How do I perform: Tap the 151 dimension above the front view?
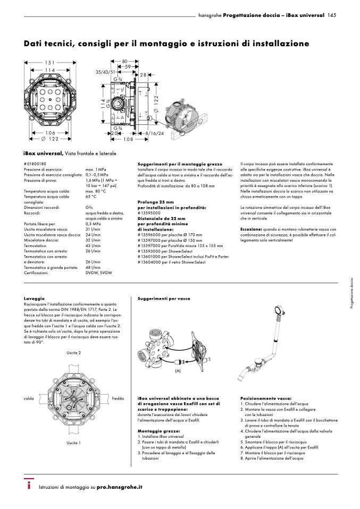pyautogui.click(x=49, y=63)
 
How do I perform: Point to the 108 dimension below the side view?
pyautogui.click(x=128, y=139)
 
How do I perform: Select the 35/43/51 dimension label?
pyautogui.click(x=105, y=71)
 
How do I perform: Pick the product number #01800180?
pyautogui.click(x=36, y=164)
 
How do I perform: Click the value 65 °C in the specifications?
pyautogui.click(x=92, y=197)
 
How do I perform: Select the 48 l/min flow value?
pyautogui.click(x=93, y=267)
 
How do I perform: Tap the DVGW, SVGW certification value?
pyautogui.click(x=98, y=273)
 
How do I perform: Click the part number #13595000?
pyautogui.click(x=149, y=213)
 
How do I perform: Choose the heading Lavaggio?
pyautogui.click(x=34, y=299)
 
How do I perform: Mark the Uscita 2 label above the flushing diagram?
pyautogui.click(x=73, y=353)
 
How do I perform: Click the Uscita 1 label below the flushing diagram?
pyautogui.click(x=73, y=443)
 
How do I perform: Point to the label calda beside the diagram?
pyautogui.click(x=30, y=397)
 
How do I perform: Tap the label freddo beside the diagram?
pyautogui.click(x=118, y=397)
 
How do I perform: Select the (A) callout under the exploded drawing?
pyautogui.click(x=178, y=370)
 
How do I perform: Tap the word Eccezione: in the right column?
pyautogui.click(x=253, y=229)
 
